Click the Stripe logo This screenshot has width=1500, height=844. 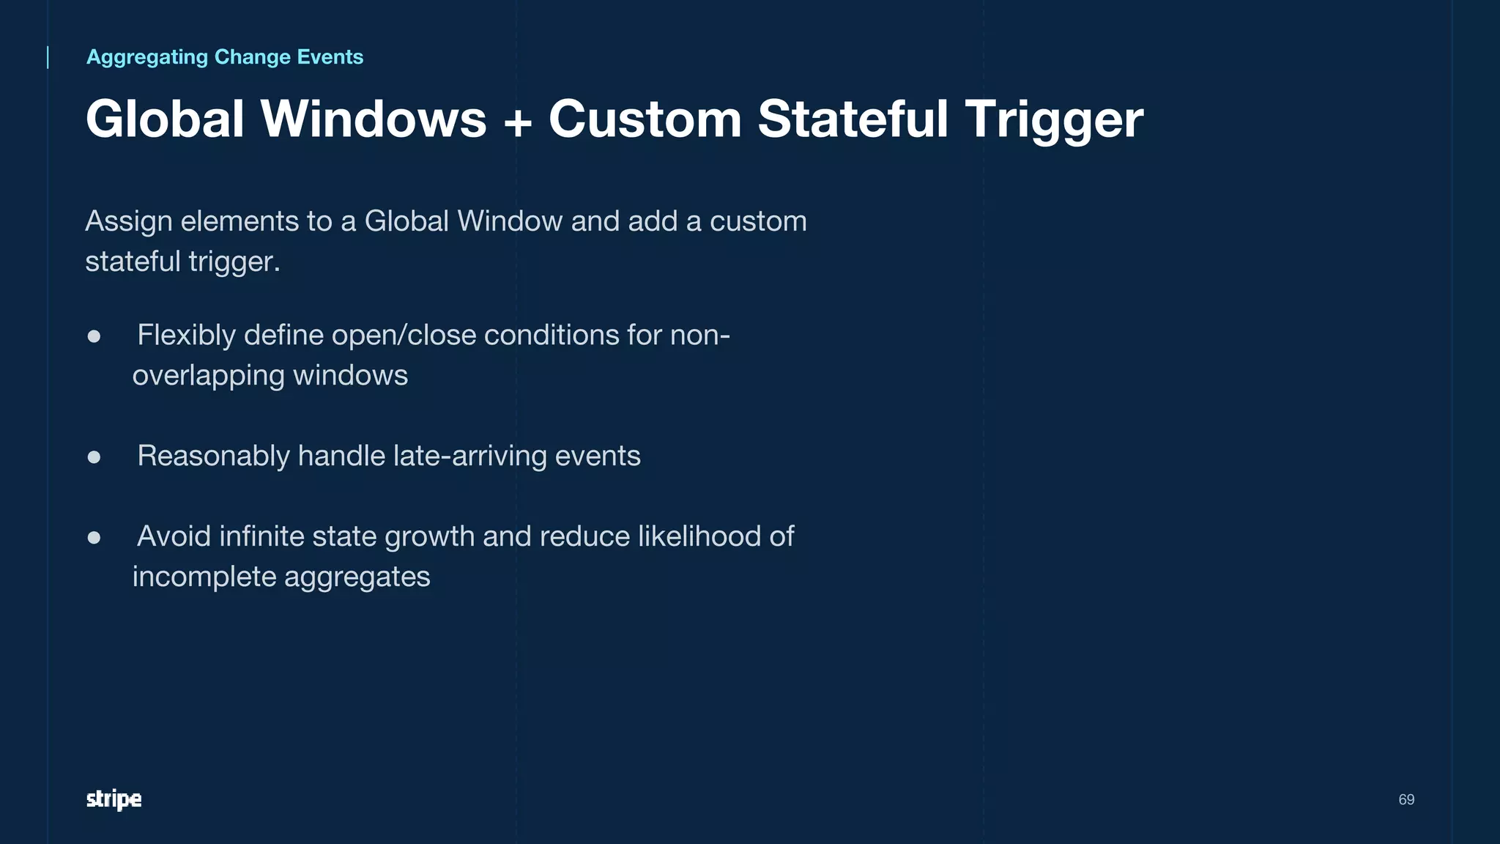pyautogui.click(x=114, y=799)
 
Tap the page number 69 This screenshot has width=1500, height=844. pyautogui.click(x=1406, y=799)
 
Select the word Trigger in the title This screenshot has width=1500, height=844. pyautogui.click(x=1054, y=119)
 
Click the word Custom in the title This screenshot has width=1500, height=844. pyautogui.click(x=645, y=119)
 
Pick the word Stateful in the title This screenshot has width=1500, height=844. pyautogui.click(x=853, y=119)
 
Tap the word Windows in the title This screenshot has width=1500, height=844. pyautogui.click(x=374, y=119)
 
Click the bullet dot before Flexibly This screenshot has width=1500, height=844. pyautogui.click(x=94, y=336)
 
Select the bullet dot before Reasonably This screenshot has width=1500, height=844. pyautogui.click(x=94, y=457)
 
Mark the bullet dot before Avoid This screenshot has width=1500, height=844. pyautogui.click(x=94, y=538)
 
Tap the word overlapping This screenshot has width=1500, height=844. pyautogui.click(x=208, y=376)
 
